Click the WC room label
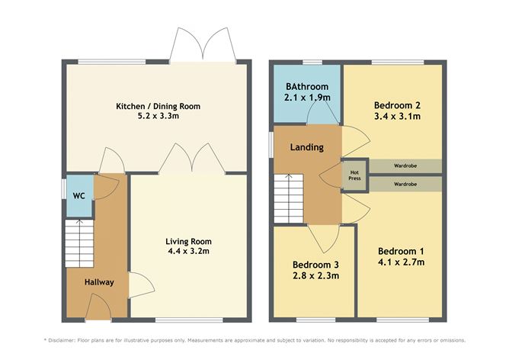tap(77, 195)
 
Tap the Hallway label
tap(99, 282)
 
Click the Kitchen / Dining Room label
tap(158, 106)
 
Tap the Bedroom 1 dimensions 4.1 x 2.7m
tap(400, 262)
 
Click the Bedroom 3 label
tap(315, 265)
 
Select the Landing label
tap(307, 147)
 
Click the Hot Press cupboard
tap(354, 175)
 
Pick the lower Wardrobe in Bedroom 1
tap(405, 184)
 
